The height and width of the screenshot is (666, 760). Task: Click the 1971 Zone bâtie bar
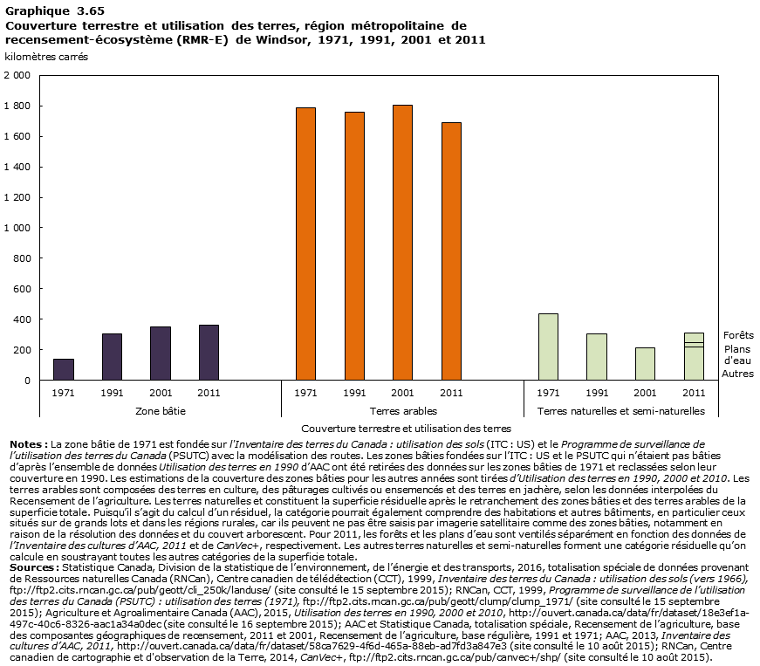pyautogui.click(x=63, y=369)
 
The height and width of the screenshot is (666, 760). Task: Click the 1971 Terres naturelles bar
pyautogui.click(x=548, y=347)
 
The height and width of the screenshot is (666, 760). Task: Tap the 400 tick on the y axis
pyautogui.click(x=22, y=319)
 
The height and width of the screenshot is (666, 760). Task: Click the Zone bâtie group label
pyautogui.click(x=161, y=410)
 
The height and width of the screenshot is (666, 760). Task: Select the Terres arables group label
pyautogui.click(x=402, y=410)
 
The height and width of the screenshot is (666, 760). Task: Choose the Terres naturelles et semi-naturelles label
pyautogui.click(x=620, y=410)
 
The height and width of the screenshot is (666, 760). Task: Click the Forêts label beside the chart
pyautogui.click(x=738, y=335)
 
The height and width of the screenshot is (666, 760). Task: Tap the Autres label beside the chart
pyautogui.click(x=737, y=374)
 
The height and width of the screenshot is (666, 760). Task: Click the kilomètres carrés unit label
pyautogui.click(x=46, y=57)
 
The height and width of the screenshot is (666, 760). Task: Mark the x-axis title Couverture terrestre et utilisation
pyautogui.click(x=405, y=429)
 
